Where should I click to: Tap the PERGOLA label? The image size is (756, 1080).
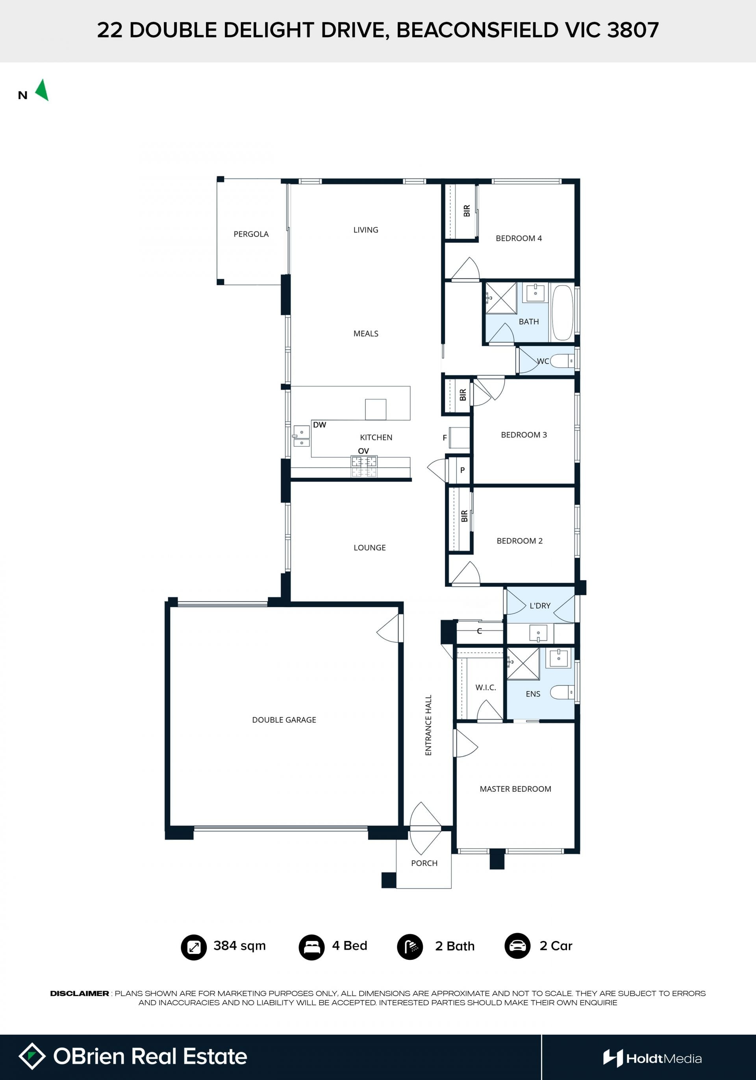pos(251,234)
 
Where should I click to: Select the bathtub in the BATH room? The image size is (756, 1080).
pos(562,312)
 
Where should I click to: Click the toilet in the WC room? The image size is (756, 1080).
pos(562,361)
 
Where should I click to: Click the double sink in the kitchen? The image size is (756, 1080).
pos(301,436)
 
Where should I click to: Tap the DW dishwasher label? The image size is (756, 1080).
pos(319,425)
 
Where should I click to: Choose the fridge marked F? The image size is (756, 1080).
pos(460,438)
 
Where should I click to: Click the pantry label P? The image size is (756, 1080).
pos(463,470)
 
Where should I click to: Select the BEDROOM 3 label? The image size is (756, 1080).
pos(524,434)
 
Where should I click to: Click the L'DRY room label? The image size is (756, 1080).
pos(540,606)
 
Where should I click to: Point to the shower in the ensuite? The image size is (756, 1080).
pos(523,664)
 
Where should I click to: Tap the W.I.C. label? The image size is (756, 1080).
pos(485,688)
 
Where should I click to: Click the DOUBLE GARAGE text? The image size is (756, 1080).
pos(284,720)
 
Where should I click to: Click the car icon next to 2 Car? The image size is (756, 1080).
pos(518,946)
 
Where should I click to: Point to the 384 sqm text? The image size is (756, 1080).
pos(240,946)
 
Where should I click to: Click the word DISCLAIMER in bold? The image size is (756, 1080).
pos(80,993)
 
